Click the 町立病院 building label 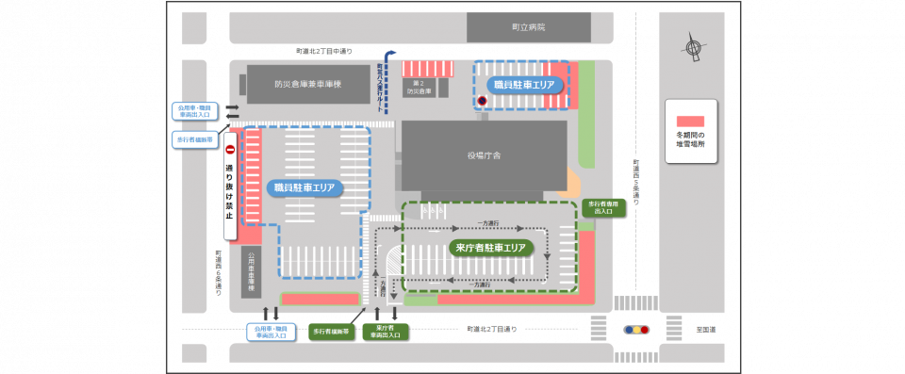[528, 27]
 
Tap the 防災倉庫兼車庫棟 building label [307, 84]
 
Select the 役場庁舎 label [484, 156]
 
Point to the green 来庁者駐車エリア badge [487, 248]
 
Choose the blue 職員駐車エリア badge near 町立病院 [519, 85]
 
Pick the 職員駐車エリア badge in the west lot [304, 187]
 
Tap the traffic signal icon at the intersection [636, 330]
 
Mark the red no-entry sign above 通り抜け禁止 [229, 149]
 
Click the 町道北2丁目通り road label [491, 330]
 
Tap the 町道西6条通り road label [217, 273]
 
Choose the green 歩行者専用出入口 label [603, 207]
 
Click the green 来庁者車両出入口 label [385, 332]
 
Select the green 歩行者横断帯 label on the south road [331, 332]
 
